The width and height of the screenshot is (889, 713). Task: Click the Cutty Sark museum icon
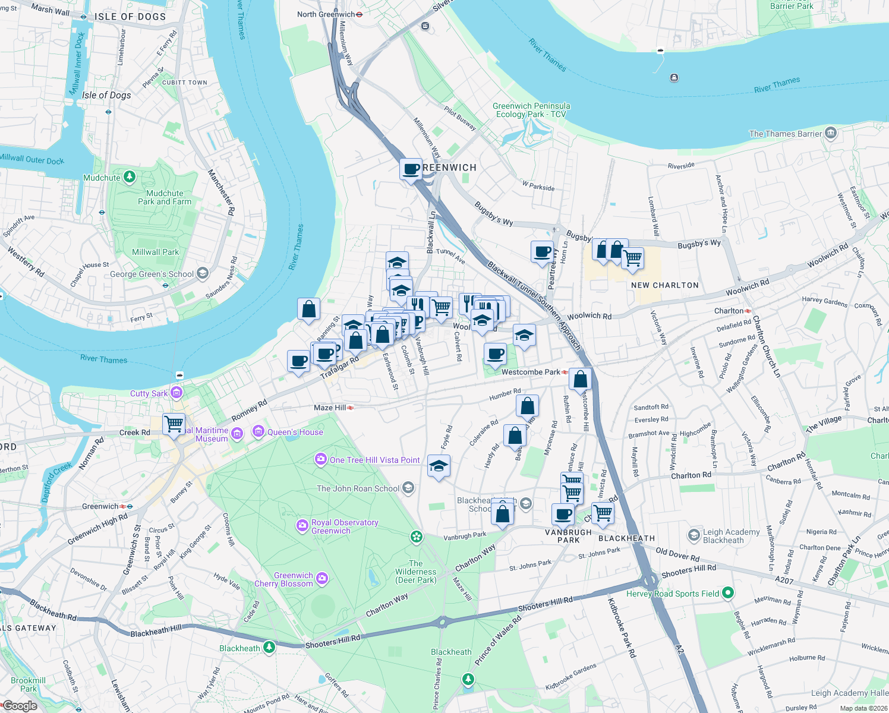[176, 393]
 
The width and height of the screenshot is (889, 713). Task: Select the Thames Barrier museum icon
[831, 133]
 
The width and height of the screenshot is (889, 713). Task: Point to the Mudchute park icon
[130, 177]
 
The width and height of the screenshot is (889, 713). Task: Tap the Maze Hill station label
[330, 408]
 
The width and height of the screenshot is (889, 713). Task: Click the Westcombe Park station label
[530, 372]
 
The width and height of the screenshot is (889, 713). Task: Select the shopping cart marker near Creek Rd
[174, 424]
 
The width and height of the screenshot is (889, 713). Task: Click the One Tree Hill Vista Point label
[374, 460]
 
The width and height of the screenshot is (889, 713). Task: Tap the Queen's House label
[295, 432]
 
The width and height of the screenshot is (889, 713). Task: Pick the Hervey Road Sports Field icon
[728, 593]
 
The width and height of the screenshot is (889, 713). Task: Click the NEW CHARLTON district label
[664, 285]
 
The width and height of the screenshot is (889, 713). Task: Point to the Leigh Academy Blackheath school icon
[693, 535]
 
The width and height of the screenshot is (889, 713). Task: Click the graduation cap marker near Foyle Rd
[439, 466]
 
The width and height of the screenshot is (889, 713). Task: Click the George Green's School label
[152, 274]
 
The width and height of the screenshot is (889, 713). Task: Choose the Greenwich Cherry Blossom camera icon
[321, 578]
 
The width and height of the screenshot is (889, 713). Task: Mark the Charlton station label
[729, 311]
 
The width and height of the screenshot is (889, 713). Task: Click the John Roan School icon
[408, 488]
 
